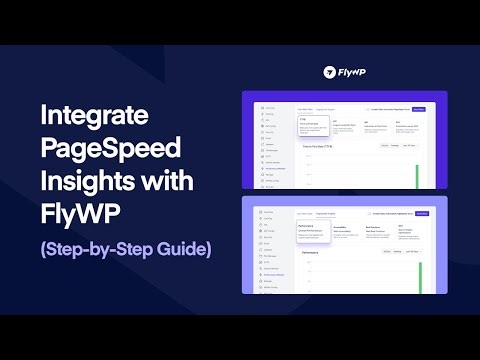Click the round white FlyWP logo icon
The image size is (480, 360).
tap(330, 72)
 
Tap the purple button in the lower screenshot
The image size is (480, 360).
tap(421, 214)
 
